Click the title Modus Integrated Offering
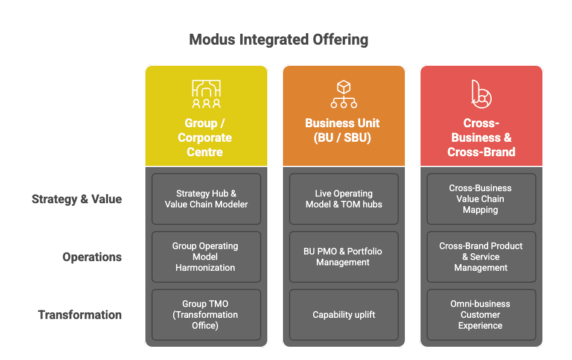(278, 40)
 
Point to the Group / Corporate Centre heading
(205, 137)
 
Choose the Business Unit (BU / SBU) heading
(343, 130)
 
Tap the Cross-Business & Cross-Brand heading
(481, 137)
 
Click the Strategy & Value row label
(77, 199)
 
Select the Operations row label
(92, 257)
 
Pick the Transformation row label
(80, 315)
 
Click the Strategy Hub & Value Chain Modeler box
(206, 199)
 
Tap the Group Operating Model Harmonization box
(206, 257)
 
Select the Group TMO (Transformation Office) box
(206, 315)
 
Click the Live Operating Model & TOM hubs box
(343, 199)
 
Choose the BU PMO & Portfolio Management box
(343, 257)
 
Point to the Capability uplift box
(343, 315)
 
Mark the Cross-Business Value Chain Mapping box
(481, 199)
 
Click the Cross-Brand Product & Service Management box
(481, 257)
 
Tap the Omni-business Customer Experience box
(481, 315)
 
